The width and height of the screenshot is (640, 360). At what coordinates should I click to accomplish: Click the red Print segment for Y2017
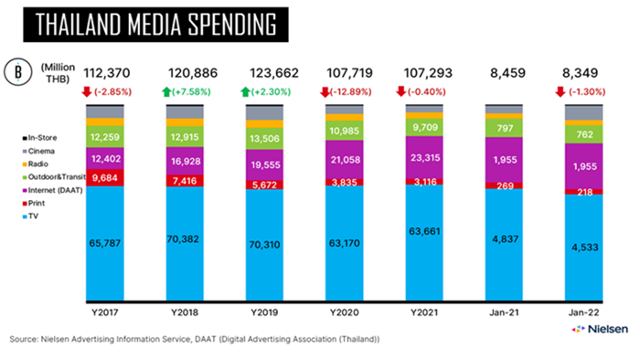(105, 178)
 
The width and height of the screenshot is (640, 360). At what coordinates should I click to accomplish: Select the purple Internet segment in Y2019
(264, 164)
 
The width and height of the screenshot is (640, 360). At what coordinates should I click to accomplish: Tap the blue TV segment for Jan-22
(583, 248)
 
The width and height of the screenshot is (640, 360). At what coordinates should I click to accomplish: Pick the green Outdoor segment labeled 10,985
(345, 131)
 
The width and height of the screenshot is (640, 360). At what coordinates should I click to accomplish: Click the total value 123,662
(274, 73)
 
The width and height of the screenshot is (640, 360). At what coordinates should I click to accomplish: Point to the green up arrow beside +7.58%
(166, 92)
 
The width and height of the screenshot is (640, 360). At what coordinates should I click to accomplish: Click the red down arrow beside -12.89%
(325, 92)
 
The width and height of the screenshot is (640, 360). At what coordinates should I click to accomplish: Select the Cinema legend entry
(38, 152)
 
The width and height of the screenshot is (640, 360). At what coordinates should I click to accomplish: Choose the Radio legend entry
(36, 164)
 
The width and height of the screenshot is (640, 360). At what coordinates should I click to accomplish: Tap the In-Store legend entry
(39, 138)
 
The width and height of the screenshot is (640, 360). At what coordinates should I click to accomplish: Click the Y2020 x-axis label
(345, 312)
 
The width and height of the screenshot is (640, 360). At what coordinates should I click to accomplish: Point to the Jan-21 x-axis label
(504, 312)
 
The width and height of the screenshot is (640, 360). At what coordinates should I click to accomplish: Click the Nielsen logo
(600, 329)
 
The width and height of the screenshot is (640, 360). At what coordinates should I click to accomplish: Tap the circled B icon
(18, 72)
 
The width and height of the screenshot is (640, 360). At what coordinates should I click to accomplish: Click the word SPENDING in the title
(232, 25)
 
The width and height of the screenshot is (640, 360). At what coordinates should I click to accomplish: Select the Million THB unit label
(59, 73)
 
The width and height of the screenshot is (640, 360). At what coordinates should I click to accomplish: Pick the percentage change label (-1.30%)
(586, 92)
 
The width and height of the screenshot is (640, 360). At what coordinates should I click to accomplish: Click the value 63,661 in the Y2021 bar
(424, 231)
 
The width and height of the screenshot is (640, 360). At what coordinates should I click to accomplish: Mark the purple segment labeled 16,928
(185, 161)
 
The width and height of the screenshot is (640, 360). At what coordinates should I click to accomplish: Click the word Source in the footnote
(23, 339)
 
